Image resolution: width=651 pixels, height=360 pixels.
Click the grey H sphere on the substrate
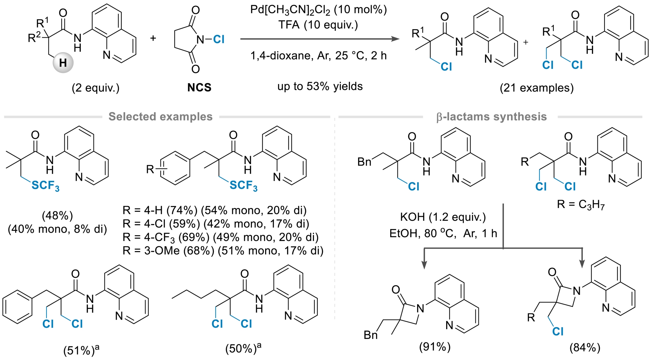tap(63, 63)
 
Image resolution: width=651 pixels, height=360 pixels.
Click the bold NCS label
tap(199, 88)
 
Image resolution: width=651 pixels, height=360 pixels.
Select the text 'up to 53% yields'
tap(320, 87)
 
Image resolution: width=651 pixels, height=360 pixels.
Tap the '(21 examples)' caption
tap(537, 88)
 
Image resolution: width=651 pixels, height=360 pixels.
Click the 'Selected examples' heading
tap(160, 117)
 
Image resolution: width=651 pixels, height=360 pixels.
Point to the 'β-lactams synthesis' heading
tap(491, 117)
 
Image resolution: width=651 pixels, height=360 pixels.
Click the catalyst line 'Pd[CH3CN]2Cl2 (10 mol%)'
tap(318, 10)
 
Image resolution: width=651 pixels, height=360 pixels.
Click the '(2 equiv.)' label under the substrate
tap(96, 88)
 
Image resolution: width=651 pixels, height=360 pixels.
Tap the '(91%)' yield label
tap(435, 346)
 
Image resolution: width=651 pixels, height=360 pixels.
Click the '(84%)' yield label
tap(585, 347)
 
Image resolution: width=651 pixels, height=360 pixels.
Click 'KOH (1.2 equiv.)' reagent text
tap(443, 217)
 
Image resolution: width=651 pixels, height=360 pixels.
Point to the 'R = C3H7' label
tap(581, 204)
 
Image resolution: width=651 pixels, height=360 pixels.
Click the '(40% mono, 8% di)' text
tap(57, 229)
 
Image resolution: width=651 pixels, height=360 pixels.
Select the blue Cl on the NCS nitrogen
tap(219, 39)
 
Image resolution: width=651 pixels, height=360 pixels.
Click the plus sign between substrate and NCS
tap(153, 38)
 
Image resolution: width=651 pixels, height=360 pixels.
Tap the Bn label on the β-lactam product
tap(371, 335)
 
